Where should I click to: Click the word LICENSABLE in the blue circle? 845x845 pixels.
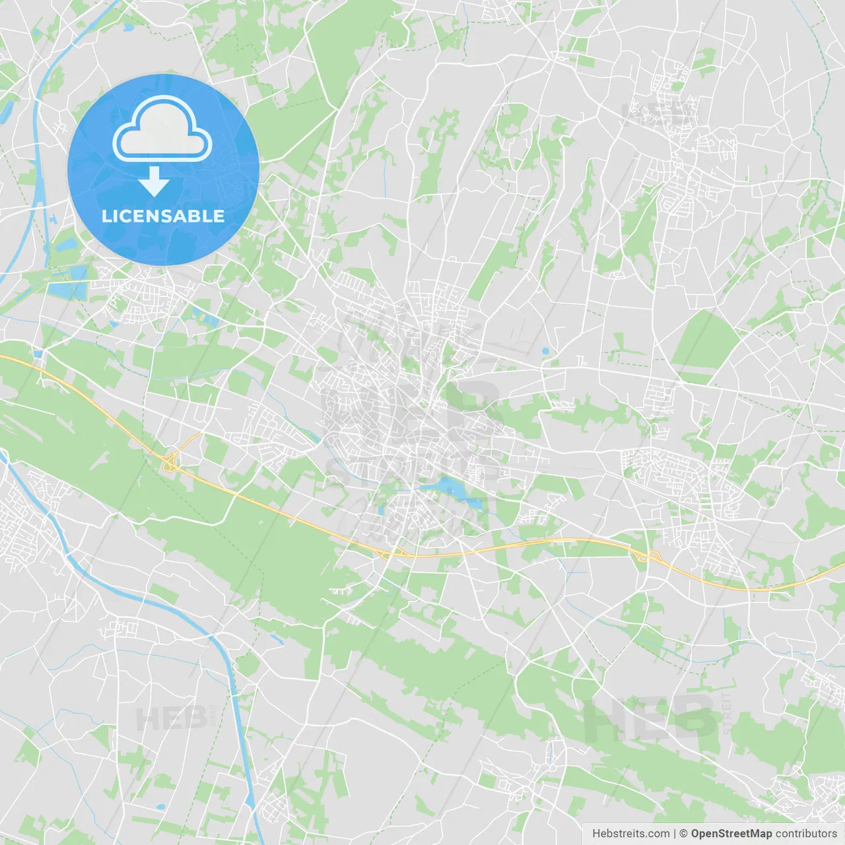163,216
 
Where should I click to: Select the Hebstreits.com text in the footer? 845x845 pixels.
630,834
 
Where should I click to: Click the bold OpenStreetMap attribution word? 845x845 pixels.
731,834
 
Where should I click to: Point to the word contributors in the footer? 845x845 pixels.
805,834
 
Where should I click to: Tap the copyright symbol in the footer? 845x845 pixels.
683,834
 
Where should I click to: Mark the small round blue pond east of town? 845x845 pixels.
545,351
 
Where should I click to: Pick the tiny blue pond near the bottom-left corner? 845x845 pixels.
160,807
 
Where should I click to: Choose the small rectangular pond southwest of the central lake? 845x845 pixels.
381,510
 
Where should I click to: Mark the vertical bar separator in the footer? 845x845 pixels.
675,834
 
